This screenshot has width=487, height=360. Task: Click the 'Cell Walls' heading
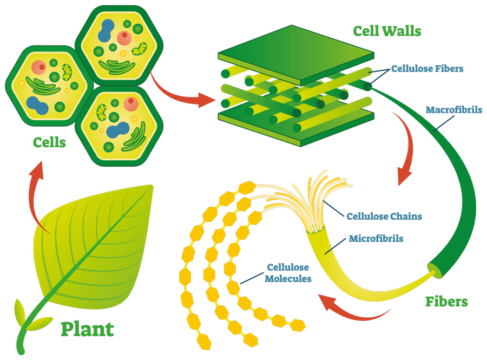[387, 31]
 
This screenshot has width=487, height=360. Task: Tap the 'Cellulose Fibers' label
[427, 69]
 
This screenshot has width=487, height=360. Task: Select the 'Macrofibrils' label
[453, 110]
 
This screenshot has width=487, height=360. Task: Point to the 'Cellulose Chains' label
[384, 216]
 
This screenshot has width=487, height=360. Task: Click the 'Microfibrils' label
[376, 238]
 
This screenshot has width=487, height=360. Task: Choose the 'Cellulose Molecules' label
[287, 273]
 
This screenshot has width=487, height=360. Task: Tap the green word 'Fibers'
[446, 301]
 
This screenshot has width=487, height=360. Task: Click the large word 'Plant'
[87, 329]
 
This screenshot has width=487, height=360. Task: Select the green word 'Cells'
[49, 142]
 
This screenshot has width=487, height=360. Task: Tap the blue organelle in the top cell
[106, 30]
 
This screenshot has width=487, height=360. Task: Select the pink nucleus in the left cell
[40, 68]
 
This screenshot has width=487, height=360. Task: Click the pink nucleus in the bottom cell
[131, 104]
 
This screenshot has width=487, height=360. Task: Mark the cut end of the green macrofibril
[434, 268]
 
